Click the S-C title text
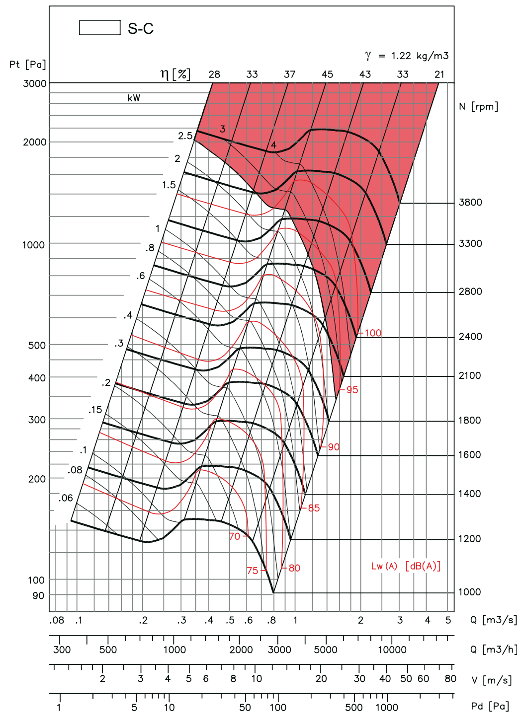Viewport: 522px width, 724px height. tap(141, 28)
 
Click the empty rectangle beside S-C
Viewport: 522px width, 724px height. tap(99, 27)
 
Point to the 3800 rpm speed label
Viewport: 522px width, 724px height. tap(470, 202)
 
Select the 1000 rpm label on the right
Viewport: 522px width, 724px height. tap(470, 592)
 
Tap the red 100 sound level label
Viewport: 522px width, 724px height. tap(373, 333)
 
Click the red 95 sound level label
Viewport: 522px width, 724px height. tap(352, 390)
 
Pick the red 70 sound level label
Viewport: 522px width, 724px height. tap(235, 536)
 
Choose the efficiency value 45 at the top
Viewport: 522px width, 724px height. tap(327, 74)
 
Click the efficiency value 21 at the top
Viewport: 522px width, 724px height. tap(439, 74)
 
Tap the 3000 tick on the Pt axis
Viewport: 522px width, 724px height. tap(35, 83)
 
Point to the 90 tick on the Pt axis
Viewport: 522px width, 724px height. tap(38, 596)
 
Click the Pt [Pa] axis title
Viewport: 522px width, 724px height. tap(27, 65)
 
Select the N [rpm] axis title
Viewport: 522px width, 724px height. tap(478, 106)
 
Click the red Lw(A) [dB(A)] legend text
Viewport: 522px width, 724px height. tap(406, 566)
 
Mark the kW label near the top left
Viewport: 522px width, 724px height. tap(134, 98)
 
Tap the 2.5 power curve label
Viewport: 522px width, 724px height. tap(185, 136)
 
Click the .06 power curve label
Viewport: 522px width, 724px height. tap(66, 498)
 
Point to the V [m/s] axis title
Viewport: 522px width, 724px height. tap(491, 680)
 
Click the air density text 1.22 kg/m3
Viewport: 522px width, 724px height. tap(420, 56)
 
